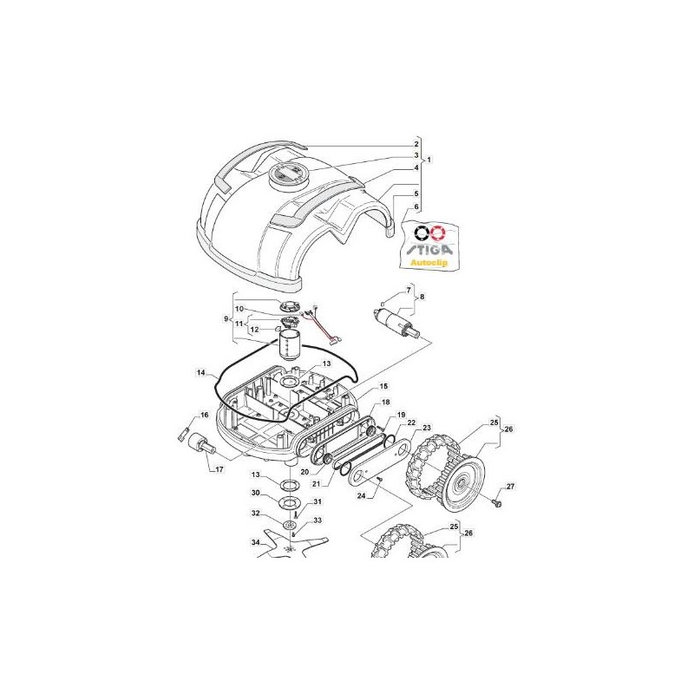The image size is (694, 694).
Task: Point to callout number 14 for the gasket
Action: (x=201, y=373)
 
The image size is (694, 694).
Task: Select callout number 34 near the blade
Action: (x=256, y=542)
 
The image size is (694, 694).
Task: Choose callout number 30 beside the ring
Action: (x=256, y=493)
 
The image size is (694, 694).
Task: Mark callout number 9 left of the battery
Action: (x=226, y=319)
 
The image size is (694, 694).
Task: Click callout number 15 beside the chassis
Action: (x=383, y=386)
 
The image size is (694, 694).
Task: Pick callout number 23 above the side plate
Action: (x=426, y=429)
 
